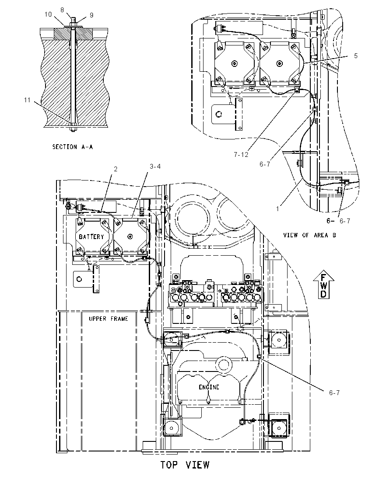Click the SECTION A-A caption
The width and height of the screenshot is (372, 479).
click(x=73, y=147)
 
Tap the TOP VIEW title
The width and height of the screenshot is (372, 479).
click(x=185, y=465)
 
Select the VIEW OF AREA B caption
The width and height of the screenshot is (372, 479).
click(x=309, y=235)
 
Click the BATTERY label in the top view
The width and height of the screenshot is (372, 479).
click(x=91, y=237)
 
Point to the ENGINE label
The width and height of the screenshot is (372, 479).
click(x=209, y=387)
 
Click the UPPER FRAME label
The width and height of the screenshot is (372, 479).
click(x=108, y=319)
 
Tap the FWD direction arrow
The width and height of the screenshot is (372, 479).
click(x=323, y=284)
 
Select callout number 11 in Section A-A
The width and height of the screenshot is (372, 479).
click(x=27, y=100)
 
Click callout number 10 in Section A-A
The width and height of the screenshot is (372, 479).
click(x=48, y=14)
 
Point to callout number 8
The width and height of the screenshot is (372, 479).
click(x=62, y=10)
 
